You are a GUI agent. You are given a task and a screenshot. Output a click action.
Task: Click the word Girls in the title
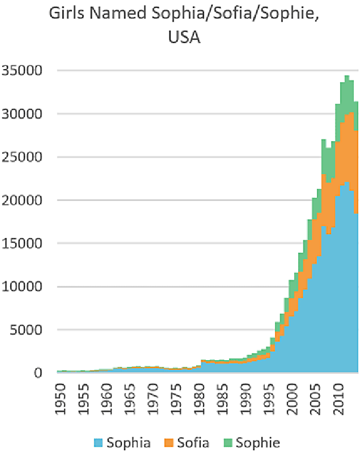[65, 13]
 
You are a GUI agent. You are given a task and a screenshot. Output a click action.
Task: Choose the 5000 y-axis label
[28, 330]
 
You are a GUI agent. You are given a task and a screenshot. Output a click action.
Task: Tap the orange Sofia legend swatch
[171, 442]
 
